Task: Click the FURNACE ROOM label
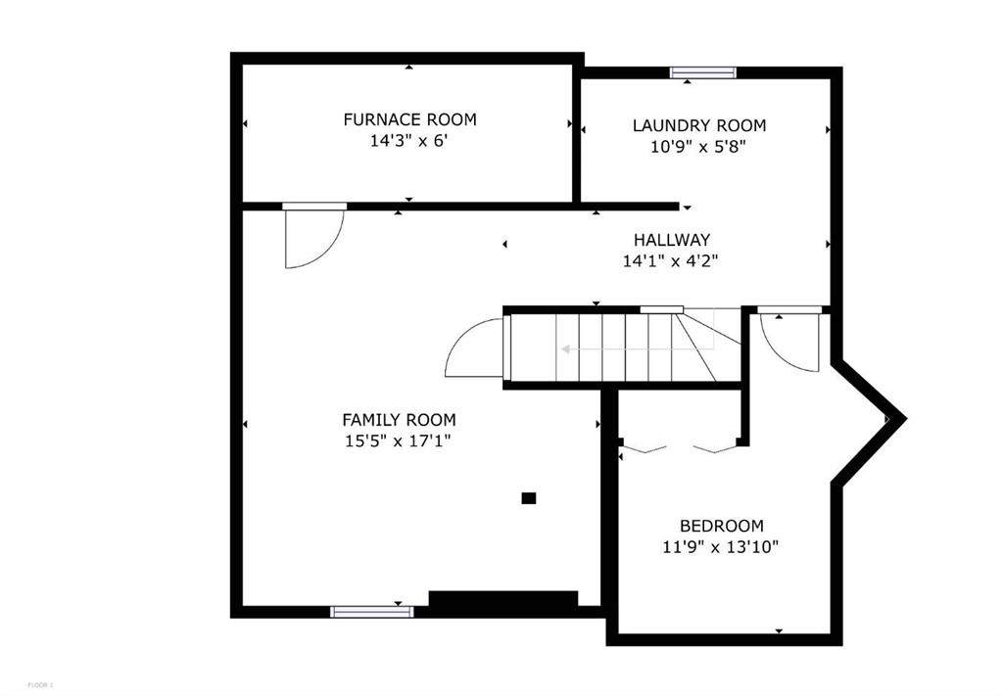pyautogui.click(x=409, y=119)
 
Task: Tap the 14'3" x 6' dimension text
pyautogui.click(x=406, y=141)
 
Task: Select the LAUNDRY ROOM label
pyautogui.click(x=699, y=125)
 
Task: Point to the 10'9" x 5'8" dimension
pyautogui.click(x=698, y=147)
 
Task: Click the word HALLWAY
pyautogui.click(x=672, y=240)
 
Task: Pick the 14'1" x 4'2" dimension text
pyautogui.click(x=670, y=260)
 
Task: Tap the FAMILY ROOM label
pyautogui.click(x=400, y=420)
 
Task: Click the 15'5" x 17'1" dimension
pyautogui.click(x=399, y=441)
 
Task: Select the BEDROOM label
pyautogui.click(x=722, y=526)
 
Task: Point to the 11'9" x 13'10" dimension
pyautogui.click(x=720, y=547)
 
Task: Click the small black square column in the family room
pyautogui.click(x=528, y=498)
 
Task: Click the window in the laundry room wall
pyautogui.click(x=703, y=72)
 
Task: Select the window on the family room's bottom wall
pyautogui.click(x=371, y=612)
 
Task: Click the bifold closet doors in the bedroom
pyautogui.click(x=680, y=448)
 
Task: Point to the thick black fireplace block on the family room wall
pyautogui.click(x=502, y=598)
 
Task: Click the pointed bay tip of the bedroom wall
pyautogui.click(x=904, y=419)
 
